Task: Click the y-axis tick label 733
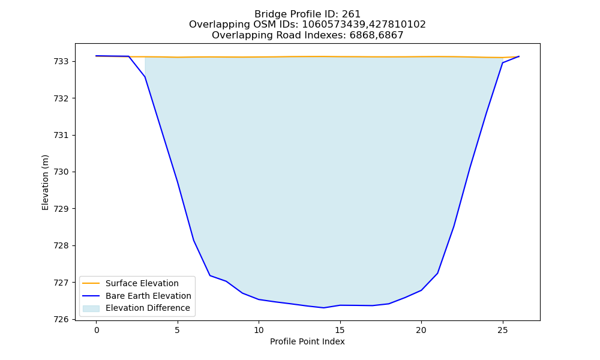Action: point(62,62)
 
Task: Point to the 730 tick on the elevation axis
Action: point(62,172)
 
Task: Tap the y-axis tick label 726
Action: point(62,319)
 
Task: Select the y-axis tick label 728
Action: point(62,245)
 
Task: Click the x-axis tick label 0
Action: point(97,330)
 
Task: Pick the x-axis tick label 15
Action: point(340,330)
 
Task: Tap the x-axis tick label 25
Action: point(502,330)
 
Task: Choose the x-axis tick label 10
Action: point(259,330)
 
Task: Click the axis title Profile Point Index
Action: point(307,341)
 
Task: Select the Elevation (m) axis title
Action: point(45,182)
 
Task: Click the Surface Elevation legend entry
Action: point(142,283)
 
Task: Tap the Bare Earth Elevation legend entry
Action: point(148,296)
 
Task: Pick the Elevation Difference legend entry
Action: point(148,308)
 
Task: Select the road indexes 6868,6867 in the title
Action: point(377,35)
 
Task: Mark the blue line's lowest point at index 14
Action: point(324,308)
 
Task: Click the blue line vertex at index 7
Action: point(209,275)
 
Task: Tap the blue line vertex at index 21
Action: point(437,273)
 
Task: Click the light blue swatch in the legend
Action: point(91,308)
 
